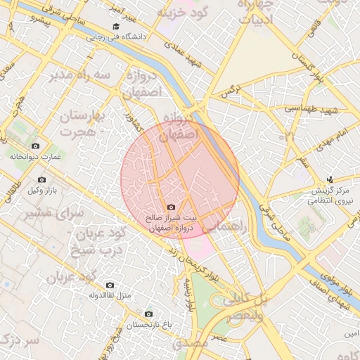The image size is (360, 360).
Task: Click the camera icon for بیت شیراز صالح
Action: click(x=172, y=207)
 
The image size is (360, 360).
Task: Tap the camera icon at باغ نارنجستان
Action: click(x=148, y=314)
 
